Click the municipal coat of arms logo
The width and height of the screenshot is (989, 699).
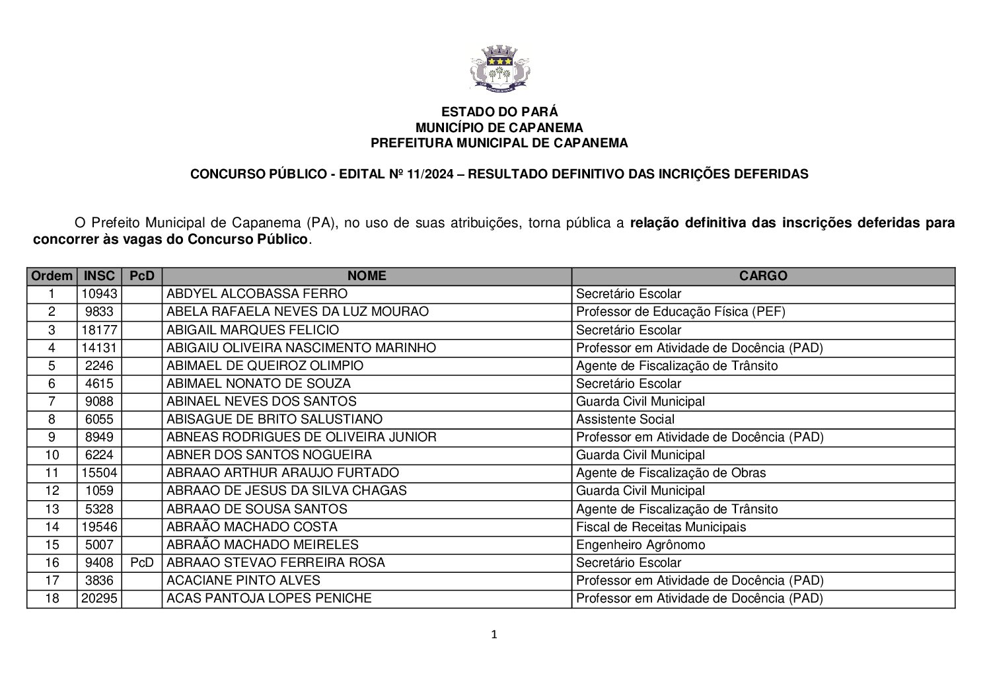tap(499, 67)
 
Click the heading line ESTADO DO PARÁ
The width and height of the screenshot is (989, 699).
tap(499, 112)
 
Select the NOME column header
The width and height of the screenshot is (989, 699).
tap(367, 276)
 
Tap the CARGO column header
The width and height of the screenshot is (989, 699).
tap(763, 276)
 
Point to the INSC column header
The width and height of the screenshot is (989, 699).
tap(99, 276)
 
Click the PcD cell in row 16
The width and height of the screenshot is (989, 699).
tap(142, 563)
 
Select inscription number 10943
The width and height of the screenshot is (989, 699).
tap(99, 294)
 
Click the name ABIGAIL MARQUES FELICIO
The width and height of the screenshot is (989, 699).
tap(252, 330)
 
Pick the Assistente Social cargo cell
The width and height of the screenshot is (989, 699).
tap(625, 420)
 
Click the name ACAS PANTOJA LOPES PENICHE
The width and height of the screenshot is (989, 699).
tap(269, 599)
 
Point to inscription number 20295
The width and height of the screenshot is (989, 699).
tap(99, 599)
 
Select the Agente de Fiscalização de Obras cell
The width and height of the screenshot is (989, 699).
tap(671, 473)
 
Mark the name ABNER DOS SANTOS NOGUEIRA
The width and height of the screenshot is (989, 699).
tap(269, 455)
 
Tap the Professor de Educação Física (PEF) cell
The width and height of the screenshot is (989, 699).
tap(680, 312)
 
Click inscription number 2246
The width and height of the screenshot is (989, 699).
tap(99, 366)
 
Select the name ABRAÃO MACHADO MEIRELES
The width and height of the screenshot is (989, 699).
tap(262, 545)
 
